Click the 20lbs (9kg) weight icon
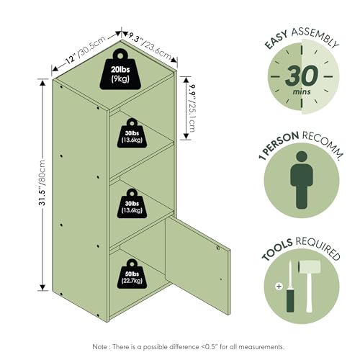pyautogui.click(x=120, y=70)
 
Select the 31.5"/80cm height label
pyautogui.click(x=42, y=183)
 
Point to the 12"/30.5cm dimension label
pyautogui.click(x=85, y=50)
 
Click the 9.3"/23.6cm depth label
pyautogui.click(x=149, y=47)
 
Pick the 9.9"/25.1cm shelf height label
pyautogui.click(x=192, y=108)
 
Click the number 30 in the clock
pyautogui.click(x=302, y=76)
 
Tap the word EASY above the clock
pyautogui.click(x=276, y=41)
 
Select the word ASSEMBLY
pyautogui.click(x=315, y=37)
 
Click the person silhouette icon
pyautogui.click(x=302, y=180)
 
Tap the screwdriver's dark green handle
pyautogui.click(x=290, y=300)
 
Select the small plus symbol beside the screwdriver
pyautogui.click(x=279, y=287)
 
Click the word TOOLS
pyautogui.click(x=277, y=250)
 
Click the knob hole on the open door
pyautogui.click(x=218, y=248)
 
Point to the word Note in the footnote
pyautogui.click(x=100, y=347)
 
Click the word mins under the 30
pyautogui.click(x=302, y=91)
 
